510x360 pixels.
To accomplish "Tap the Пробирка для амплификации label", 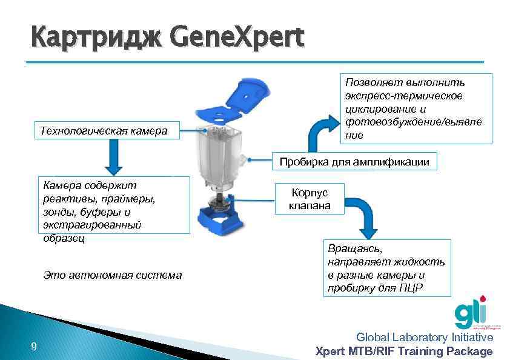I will tap(354, 161).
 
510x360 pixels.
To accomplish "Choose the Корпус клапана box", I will tap(310, 199).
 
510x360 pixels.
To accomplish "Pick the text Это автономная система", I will tap(113, 275).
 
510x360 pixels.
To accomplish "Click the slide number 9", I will tap(34, 347).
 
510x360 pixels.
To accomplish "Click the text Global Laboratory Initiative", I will tap(424, 337).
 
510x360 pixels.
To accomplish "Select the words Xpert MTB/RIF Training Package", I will tap(404, 351).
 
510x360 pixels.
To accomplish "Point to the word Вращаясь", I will tap(355, 249).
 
